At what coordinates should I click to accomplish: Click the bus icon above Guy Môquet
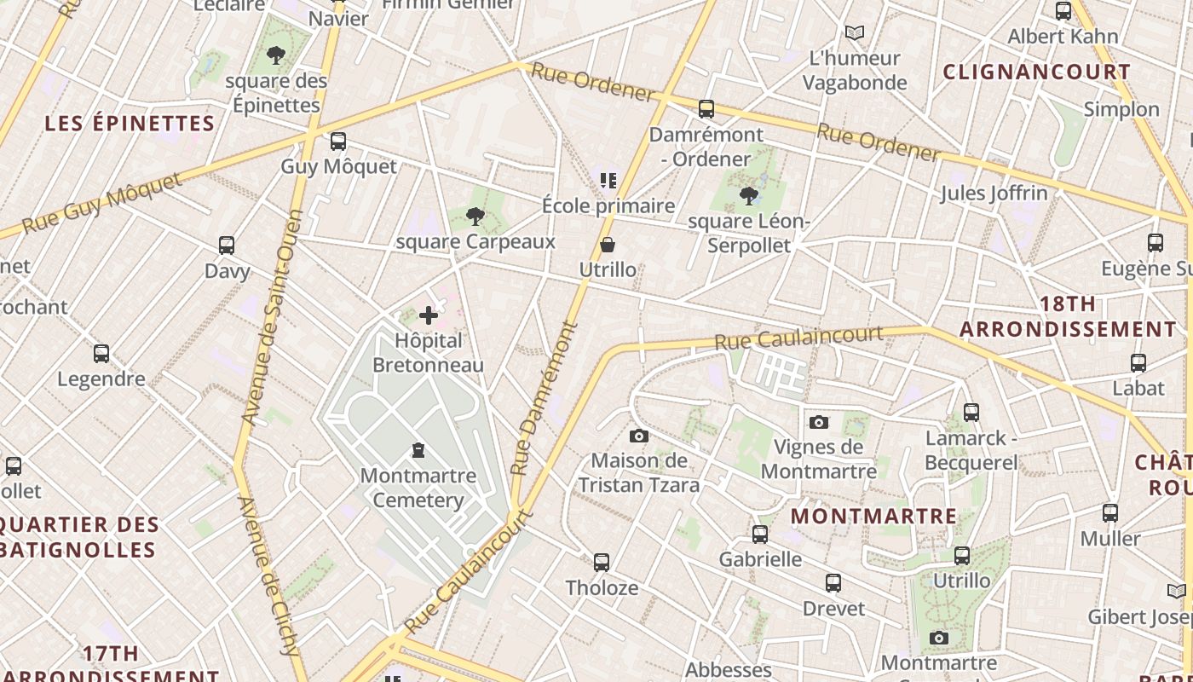338,142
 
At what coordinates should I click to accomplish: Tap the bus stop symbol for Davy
227,246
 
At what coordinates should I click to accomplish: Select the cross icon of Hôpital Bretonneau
429,316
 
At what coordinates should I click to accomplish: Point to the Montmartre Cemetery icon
418,449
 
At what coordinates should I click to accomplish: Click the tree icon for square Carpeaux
475,217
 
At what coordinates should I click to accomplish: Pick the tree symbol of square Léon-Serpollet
749,196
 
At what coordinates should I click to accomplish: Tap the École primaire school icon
608,181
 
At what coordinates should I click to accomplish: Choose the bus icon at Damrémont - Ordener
706,109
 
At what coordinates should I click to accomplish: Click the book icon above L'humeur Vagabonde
855,33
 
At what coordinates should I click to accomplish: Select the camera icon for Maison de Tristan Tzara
639,436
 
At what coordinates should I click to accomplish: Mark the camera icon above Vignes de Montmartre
819,422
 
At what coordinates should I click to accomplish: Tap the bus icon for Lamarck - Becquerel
971,413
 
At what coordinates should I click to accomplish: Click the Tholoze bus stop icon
602,563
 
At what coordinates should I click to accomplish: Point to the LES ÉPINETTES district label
130,124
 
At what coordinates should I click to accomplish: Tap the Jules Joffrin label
994,194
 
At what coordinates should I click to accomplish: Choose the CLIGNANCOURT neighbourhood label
1036,72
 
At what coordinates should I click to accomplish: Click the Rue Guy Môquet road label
102,203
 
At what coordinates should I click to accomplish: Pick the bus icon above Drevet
833,583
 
